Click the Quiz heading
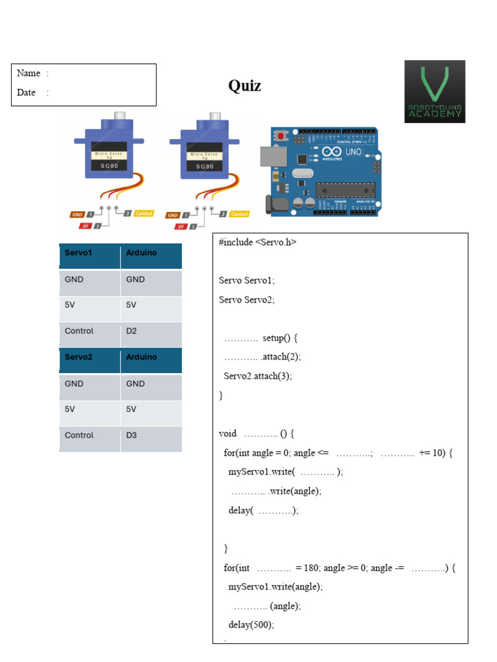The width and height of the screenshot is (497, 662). [x=245, y=86]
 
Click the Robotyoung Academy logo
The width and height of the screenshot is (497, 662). [x=434, y=91]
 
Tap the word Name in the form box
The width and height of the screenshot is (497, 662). [x=28, y=73]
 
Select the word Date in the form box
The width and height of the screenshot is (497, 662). [x=27, y=92]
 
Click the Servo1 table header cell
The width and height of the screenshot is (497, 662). [x=78, y=253]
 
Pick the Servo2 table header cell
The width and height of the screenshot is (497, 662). [x=78, y=357]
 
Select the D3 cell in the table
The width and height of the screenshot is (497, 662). [x=131, y=435]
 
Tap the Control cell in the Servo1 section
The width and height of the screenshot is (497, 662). [x=79, y=331]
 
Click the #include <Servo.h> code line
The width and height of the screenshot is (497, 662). [x=258, y=242]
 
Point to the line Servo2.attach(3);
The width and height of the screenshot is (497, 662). [x=258, y=376]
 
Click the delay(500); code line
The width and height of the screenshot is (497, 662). [x=251, y=625]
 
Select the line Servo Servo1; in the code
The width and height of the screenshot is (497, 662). [x=247, y=281]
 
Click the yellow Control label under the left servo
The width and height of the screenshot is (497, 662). [x=144, y=213]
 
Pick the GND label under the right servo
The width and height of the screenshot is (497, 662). [x=173, y=215]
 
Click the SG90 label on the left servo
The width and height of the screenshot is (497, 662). [x=108, y=165]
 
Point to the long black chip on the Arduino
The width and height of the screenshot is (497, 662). [x=345, y=189]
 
